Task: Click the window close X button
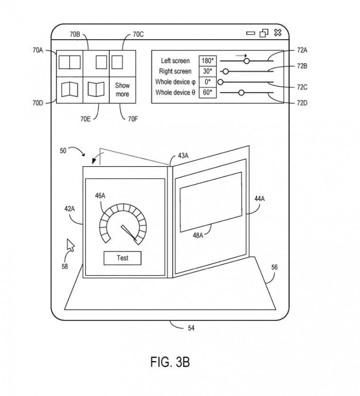[x=278, y=32]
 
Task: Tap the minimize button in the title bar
[x=250, y=33]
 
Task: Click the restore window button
[x=264, y=33]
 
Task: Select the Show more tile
[x=122, y=90]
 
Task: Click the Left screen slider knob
[x=246, y=61]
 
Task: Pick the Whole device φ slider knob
[x=221, y=82]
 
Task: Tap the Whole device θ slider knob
[x=241, y=93]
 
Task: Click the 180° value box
[x=208, y=61]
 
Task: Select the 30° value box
[x=208, y=71]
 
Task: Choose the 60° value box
[x=208, y=93]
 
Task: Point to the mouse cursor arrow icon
[x=70, y=245]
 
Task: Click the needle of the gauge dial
[x=129, y=232]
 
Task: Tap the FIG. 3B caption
[x=170, y=362]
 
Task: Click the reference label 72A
[x=302, y=50]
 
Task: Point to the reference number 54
[x=191, y=328]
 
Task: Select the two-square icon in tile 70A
[x=69, y=62]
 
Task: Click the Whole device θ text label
[x=175, y=93]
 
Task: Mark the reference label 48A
[x=198, y=236]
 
